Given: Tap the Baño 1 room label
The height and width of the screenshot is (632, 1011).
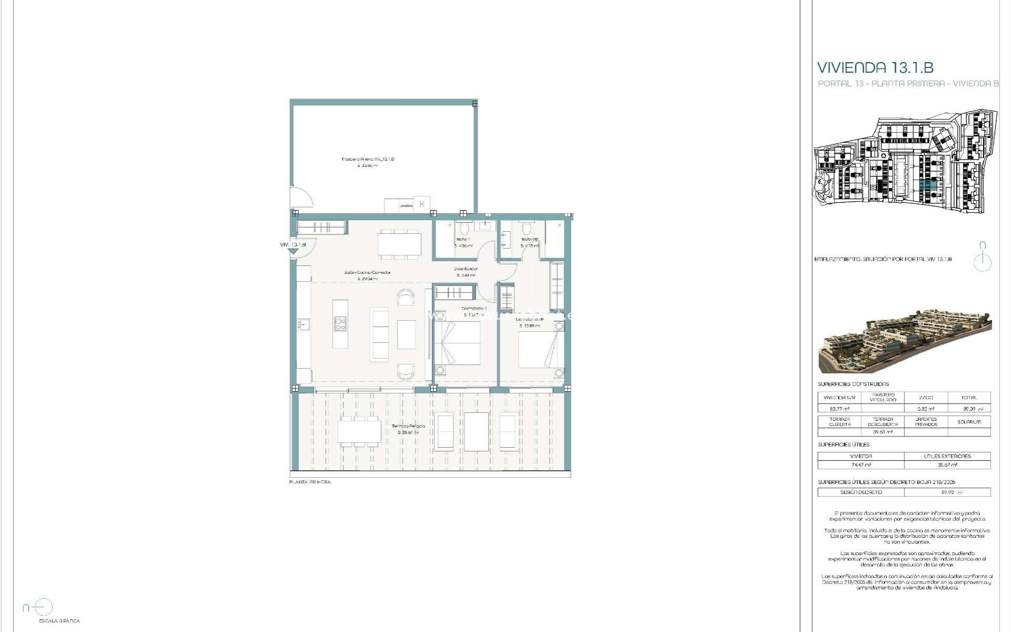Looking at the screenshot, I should point(463,240).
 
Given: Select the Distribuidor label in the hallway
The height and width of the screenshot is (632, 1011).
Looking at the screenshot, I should point(466,269).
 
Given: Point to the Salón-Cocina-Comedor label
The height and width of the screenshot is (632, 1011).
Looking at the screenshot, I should point(368,272).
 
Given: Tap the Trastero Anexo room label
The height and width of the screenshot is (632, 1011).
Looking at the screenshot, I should point(368,159).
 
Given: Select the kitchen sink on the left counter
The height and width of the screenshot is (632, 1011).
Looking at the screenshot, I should point(304,324).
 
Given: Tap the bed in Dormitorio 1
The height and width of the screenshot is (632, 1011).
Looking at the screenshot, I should point(457,342).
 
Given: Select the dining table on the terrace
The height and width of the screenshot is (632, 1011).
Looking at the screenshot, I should point(360,432).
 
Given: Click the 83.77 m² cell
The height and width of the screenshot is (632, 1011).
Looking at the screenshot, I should point(839,408).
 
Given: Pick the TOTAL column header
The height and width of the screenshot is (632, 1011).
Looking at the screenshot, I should point(968,398).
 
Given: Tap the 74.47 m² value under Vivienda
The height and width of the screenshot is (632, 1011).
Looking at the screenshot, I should point(860,465).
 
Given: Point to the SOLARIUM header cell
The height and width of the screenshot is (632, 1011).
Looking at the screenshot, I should point(968,422).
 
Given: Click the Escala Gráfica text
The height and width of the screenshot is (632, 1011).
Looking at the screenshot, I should point(60,621).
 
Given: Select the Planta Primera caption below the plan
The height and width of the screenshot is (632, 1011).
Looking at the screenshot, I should point(310,482).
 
